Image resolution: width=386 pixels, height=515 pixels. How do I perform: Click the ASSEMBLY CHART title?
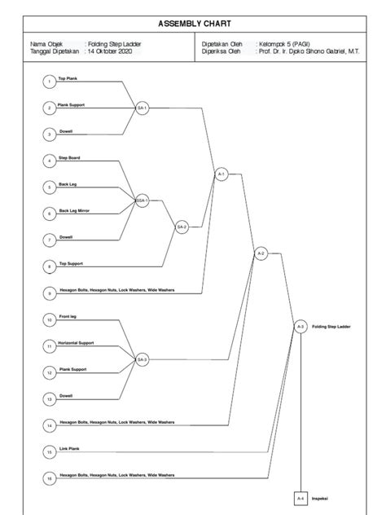click(192, 24)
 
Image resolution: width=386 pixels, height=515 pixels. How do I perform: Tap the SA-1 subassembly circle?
click(142, 108)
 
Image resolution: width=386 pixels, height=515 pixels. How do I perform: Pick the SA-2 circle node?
click(182, 227)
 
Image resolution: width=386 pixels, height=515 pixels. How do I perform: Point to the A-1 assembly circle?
click(221, 174)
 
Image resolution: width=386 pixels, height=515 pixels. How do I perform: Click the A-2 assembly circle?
click(261, 253)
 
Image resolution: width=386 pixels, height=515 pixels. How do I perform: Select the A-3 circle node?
click(300, 326)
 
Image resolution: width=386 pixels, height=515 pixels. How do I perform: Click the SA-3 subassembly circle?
click(142, 359)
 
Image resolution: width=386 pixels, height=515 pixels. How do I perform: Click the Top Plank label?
click(67, 78)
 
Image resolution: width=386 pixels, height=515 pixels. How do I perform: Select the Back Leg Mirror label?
click(73, 210)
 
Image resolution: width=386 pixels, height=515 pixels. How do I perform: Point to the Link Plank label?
click(68, 447)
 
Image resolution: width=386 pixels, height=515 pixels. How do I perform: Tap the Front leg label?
click(68, 316)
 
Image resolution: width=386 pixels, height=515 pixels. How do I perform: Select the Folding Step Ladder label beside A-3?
click(331, 326)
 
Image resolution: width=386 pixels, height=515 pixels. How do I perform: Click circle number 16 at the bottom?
click(49, 478)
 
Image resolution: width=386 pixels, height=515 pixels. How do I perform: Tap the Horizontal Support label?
click(76, 343)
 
